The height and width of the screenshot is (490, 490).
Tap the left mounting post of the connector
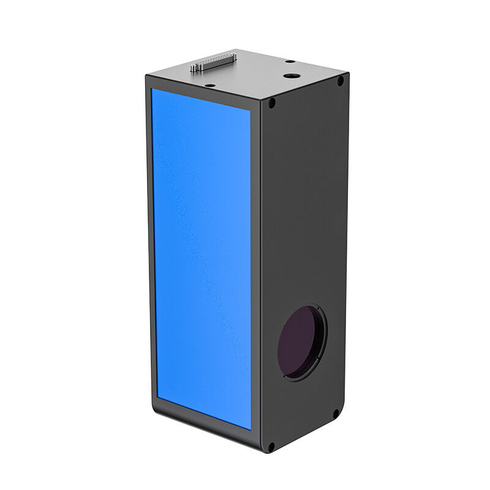tap(194, 68)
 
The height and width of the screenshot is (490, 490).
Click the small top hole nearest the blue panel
tap(209, 85)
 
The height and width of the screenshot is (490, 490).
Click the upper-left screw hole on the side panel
tap(271, 103)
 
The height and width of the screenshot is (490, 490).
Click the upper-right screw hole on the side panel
tap(340, 80)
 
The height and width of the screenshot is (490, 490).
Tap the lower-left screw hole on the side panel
tap(271, 446)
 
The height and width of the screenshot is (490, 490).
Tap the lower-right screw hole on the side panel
tap(336, 413)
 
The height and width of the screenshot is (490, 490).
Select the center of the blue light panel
tap(202, 257)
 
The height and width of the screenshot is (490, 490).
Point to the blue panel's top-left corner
tap(153, 89)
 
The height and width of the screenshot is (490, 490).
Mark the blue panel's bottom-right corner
tap(251, 429)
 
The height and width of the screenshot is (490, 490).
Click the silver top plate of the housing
tap(257, 73)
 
